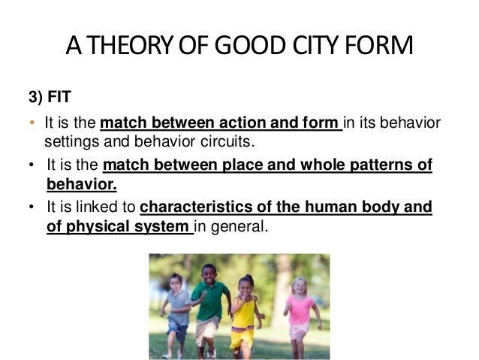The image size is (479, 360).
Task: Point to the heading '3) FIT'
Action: point(47,98)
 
